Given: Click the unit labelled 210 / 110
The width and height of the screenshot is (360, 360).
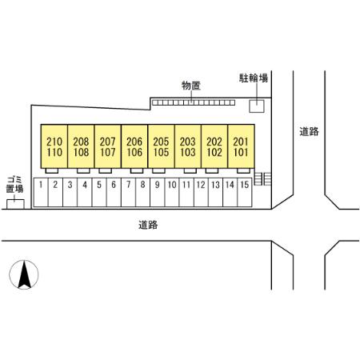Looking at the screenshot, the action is click(x=54, y=146).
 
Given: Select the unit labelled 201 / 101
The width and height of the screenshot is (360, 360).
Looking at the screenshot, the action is click(x=241, y=146).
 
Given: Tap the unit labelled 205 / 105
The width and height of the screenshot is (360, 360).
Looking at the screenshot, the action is click(x=161, y=146).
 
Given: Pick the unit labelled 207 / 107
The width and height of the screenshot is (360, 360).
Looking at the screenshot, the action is click(x=108, y=146).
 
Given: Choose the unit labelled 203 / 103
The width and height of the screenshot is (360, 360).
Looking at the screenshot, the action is click(x=188, y=146).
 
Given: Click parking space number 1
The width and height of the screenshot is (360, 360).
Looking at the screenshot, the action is click(x=41, y=192).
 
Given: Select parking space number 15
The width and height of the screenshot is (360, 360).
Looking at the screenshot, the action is click(x=245, y=192).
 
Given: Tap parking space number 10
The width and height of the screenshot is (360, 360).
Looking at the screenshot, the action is click(x=172, y=192).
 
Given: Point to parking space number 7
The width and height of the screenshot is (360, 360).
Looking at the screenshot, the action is click(x=128, y=192).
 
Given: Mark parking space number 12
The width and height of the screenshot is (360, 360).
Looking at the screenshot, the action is click(x=201, y=192).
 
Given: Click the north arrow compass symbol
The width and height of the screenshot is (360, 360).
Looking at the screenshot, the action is click(x=24, y=274).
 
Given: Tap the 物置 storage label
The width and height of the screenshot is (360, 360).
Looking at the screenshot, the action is click(x=191, y=86).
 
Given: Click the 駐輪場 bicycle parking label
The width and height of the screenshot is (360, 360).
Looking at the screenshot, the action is click(x=253, y=78).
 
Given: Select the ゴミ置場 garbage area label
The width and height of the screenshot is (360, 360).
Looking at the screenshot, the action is click(x=14, y=184).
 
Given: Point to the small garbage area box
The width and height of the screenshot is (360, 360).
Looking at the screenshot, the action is click(x=15, y=204).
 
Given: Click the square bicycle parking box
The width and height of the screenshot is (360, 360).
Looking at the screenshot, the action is click(x=257, y=106).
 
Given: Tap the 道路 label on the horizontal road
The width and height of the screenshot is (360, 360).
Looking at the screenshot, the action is click(x=148, y=225).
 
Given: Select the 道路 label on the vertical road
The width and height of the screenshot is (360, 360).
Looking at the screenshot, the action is click(x=309, y=131).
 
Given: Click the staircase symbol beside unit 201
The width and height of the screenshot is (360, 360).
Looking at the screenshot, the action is click(x=262, y=178).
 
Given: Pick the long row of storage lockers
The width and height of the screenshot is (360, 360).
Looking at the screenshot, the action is click(x=194, y=102).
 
